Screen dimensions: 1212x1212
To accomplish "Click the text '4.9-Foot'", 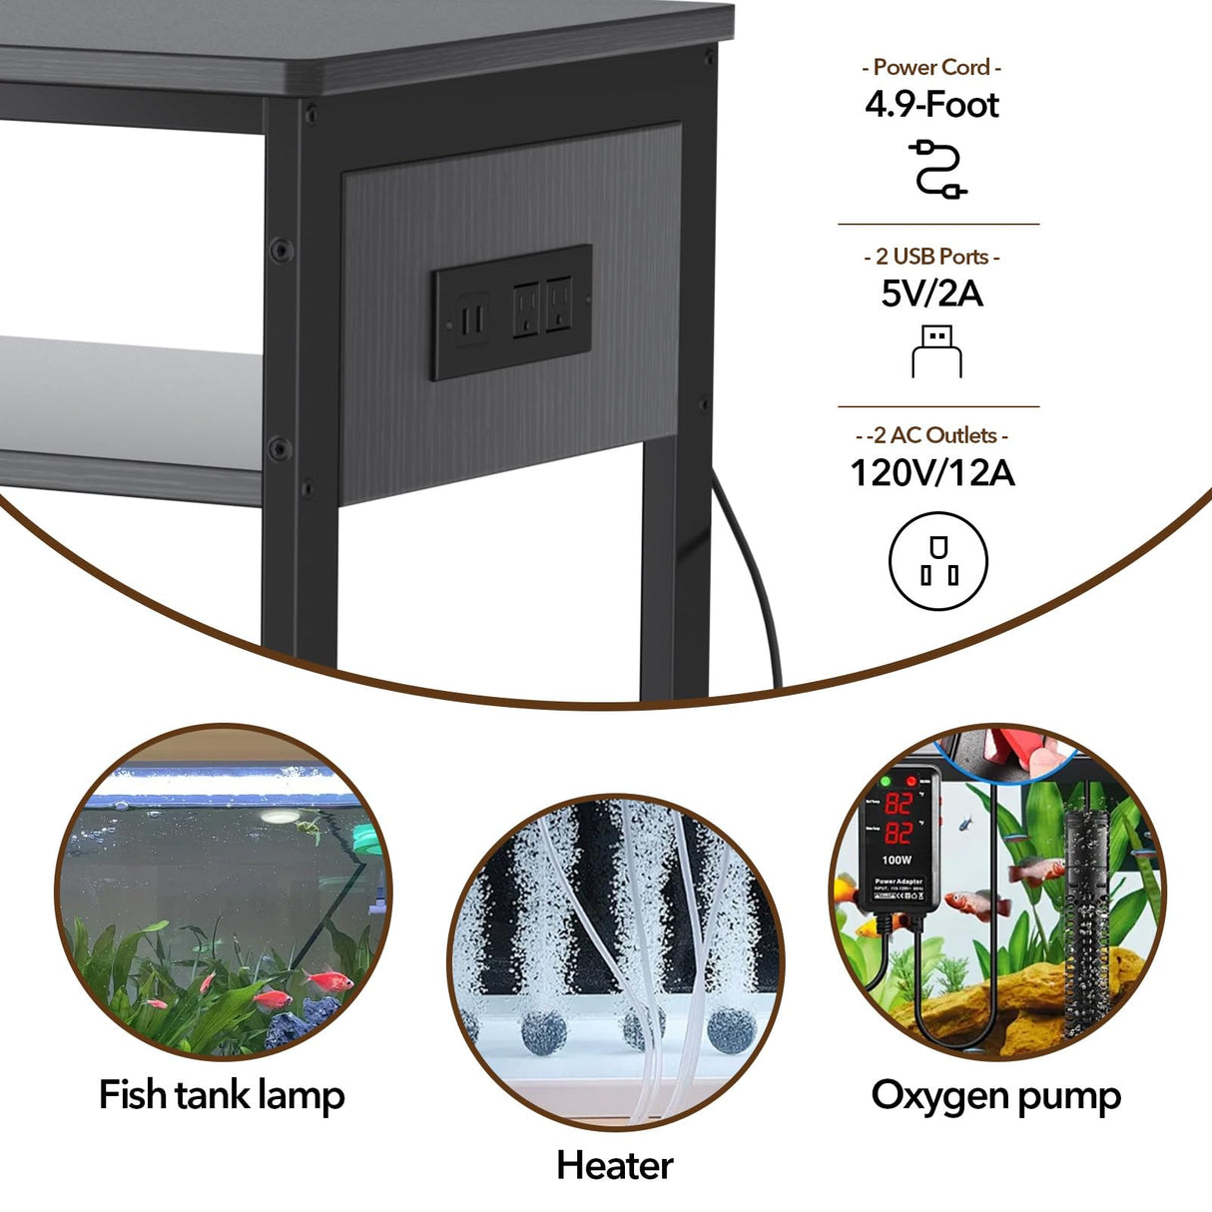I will click(x=931, y=105).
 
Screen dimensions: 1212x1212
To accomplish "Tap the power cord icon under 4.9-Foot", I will click(x=936, y=169).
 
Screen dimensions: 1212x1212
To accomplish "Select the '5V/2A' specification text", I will click(x=931, y=294).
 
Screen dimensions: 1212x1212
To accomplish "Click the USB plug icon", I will click(x=936, y=351).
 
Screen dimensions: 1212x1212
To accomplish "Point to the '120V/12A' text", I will click(x=931, y=472).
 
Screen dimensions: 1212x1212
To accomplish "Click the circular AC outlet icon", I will click(x=937, y=561).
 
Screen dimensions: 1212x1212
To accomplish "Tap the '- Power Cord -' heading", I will click(x=931, y=67).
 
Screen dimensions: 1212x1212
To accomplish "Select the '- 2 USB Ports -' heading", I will click(x=931, y=257).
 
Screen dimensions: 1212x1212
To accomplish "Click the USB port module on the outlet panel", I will click(x=472, y=317).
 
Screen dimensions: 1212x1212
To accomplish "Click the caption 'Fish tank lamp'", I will click(x=222, y=1095).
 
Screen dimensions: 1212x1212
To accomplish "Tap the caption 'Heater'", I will click(x=614, y=1165).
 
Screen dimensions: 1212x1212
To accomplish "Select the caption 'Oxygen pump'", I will click(x=995, y=1095).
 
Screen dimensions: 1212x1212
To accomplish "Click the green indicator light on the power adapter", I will click(x=885, y=781).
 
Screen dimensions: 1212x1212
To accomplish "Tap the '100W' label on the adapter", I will click(x=896, y=860).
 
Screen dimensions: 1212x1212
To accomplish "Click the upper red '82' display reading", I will click(x=898, y=804).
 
